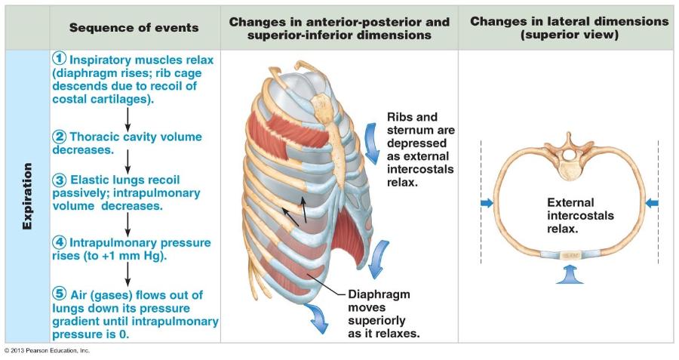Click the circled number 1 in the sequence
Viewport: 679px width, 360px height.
click(60, 59)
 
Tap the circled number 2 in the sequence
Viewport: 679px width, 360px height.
click(60, 137)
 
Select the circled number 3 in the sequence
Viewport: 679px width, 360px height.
click(60, 180)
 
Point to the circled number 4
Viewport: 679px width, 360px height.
click(60, 243)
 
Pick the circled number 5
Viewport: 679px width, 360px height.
click(60, 294)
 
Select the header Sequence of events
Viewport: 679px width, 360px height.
click(134, 28)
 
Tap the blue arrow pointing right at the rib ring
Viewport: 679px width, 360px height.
click(487, 202)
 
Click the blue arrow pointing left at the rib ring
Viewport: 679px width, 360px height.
click(652, 202)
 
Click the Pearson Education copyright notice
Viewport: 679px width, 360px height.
click(47, 350)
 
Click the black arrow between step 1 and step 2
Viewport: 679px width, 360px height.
click(128, 117)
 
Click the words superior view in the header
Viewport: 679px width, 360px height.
click(570, 35)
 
